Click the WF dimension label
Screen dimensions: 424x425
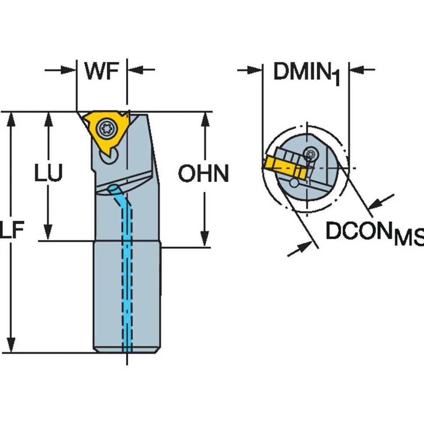pyautogui.click(x=101, y=70)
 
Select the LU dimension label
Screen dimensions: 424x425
pyautogui.click(x=49, y=172)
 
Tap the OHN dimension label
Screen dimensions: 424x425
pyautogui.click(x=204, y=173)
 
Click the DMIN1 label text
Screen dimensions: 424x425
pyautogui.click(x=306, y=73)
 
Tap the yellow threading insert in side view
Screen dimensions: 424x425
pyautogui.click(x=106, y=130)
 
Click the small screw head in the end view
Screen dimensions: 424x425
pyautogui.click(x=310, y=154)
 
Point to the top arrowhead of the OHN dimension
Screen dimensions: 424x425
pyautogui.click(x=205, y=119)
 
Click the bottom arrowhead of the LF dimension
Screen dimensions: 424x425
pyautogui.click(x=11, y=345)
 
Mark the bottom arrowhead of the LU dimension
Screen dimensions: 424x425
pyautogui.click(x=48, y=233)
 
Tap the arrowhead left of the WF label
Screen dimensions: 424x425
pyautogui.click(x=69, y=70)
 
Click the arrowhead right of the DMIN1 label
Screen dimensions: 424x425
pyautogui.click(x=357, y=70)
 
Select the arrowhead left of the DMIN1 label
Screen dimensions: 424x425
pyautogui.click(x=254, y=70)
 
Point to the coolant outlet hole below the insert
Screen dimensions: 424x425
pyautogui.click(x=113, y=188)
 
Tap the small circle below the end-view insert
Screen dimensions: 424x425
pyautogui.click(x=294, y=183)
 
